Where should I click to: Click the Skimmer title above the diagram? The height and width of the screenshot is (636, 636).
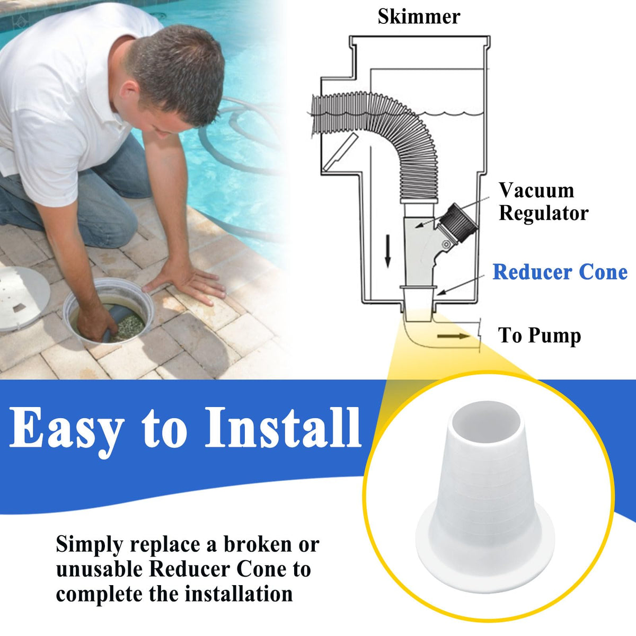coord(419,16)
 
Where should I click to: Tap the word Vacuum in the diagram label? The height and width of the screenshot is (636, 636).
coord(536,190)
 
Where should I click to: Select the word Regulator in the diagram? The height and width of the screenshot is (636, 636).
coord(544,213)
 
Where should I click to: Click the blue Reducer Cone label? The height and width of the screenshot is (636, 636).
coord(560,272)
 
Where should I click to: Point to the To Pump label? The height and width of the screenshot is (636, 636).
coord(540,335)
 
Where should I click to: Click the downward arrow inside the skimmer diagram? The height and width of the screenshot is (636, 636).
coord(388,251)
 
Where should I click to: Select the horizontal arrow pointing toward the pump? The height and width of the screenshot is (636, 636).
coord(454,337)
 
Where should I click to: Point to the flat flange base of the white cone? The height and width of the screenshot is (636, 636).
coord(485,545)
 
